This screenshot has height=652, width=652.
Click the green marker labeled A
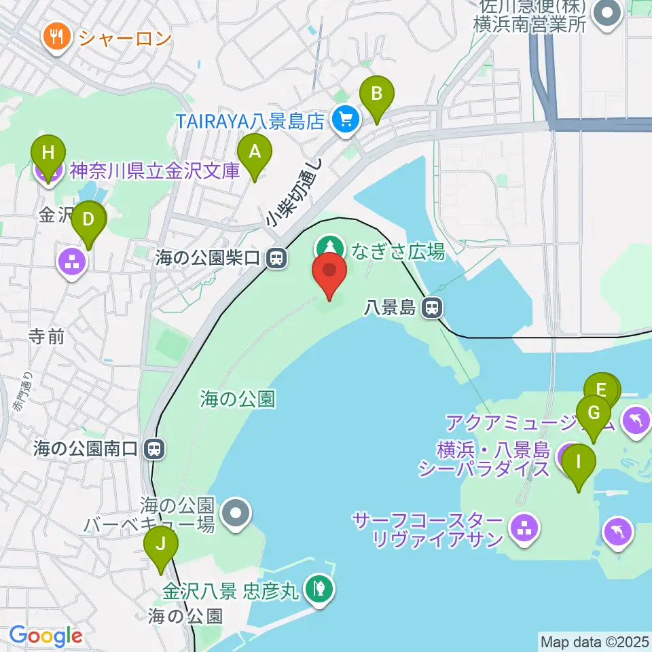(254, 152)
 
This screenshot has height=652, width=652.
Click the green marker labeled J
(161, 544)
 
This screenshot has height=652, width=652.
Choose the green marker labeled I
(579, 463)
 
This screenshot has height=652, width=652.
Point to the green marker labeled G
(593, 413)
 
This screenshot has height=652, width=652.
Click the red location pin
(329, 270)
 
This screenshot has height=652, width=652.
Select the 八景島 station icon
(431, 308)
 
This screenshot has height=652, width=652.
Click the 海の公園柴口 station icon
(276, 257)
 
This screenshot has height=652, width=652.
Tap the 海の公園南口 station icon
(156, 448)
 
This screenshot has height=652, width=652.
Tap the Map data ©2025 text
(594, 641)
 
